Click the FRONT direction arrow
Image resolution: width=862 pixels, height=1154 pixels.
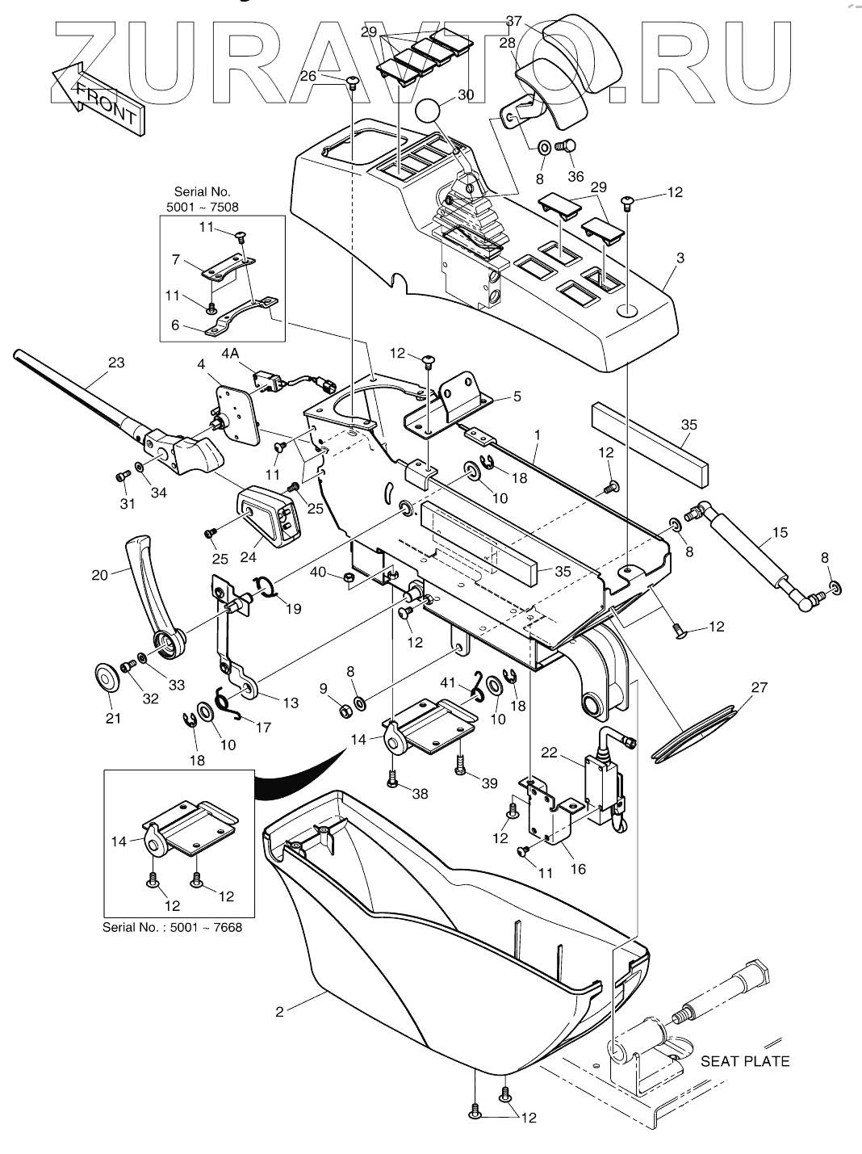tap(97, 99)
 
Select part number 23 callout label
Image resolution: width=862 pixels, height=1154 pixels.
tap(116, 363)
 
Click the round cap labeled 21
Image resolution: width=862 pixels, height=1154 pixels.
tap(107, 679)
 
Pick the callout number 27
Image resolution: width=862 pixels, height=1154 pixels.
tap(760, 687)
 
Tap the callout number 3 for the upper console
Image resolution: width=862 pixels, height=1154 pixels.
tap(680, 258)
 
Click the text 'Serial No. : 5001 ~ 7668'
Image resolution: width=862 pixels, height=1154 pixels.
tap(172, 942)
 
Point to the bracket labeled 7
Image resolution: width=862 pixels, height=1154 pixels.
tap(228, 271)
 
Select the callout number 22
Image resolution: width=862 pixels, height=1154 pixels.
tap(549, 753)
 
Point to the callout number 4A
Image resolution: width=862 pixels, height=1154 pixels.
tap(230, 354)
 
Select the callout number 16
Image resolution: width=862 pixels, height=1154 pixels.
tap(578, 869)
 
